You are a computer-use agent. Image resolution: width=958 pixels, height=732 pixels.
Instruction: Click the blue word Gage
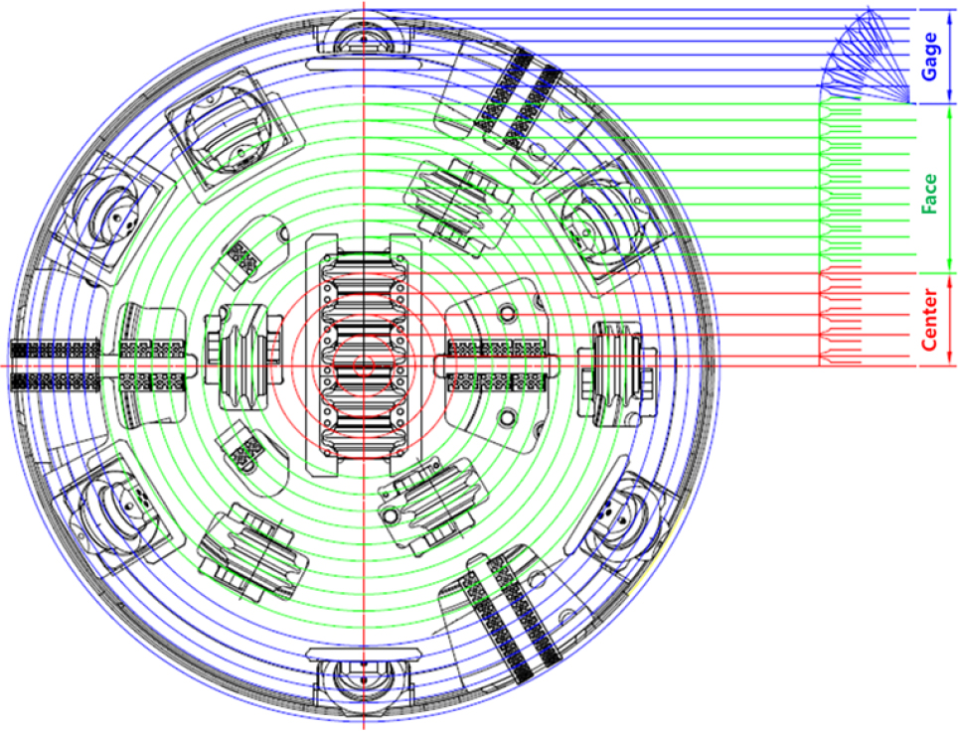tap(929, 57)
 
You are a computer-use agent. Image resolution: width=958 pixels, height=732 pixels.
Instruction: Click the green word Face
tap(929, 194)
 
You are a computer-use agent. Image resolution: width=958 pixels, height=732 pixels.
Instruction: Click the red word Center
tap(929, 320)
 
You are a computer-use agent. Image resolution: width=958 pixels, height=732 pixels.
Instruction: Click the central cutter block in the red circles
tap(364, 354)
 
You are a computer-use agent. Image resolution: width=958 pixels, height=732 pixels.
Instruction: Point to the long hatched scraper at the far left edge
tap(55, 366)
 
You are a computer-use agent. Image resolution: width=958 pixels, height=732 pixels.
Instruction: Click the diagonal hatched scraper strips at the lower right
tap(513, 617)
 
